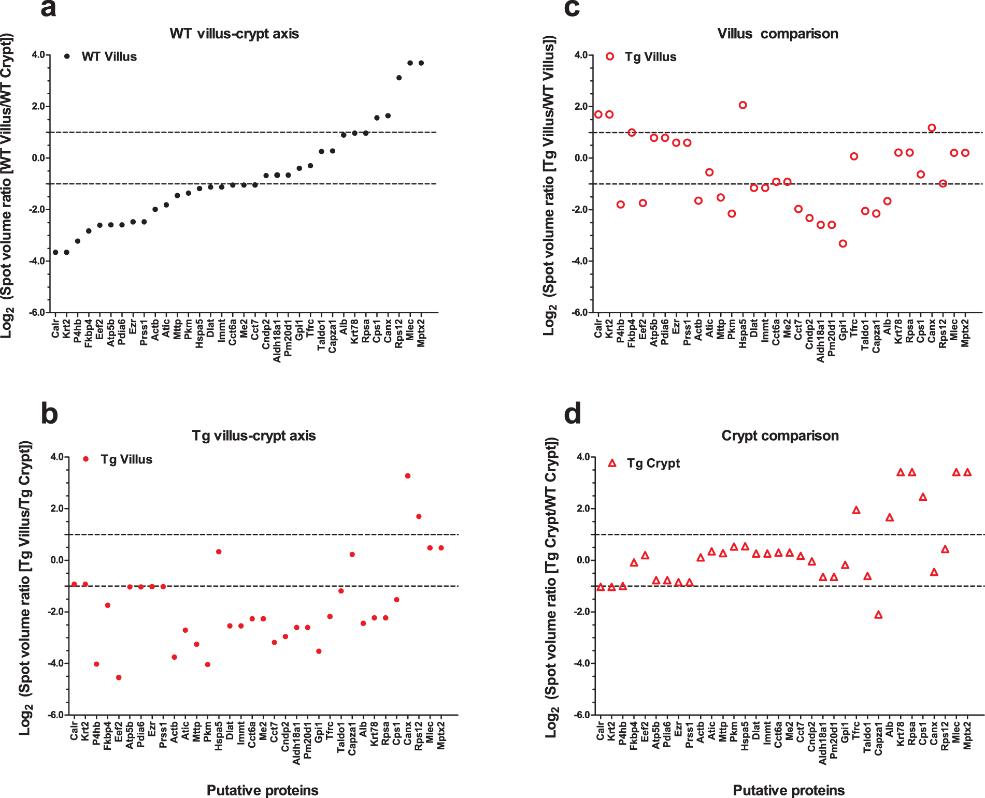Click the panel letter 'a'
click(x=48, y=9)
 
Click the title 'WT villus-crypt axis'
click(x=234, y=34)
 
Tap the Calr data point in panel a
click(x=55, y=252)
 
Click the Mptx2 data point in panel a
click(x=421, y=63)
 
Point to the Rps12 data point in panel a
click(x=399, y=78)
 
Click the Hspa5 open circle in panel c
click(x=743, y=105)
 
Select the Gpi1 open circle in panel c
click(x=843, y=243)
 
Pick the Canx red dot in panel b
click(x=408, y=476)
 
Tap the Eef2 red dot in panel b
click(x=119, y=677)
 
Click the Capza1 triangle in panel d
click(x=878, y=615)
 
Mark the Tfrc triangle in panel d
click(x=856, y=510)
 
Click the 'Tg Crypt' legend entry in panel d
click(x=653, y=463)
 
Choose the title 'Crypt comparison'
click(x=780, y=436)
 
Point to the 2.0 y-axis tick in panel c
click(x=581, y=107)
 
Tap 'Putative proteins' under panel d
click(x=789, y=790)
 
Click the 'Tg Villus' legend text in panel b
click(x=126, y=460)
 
